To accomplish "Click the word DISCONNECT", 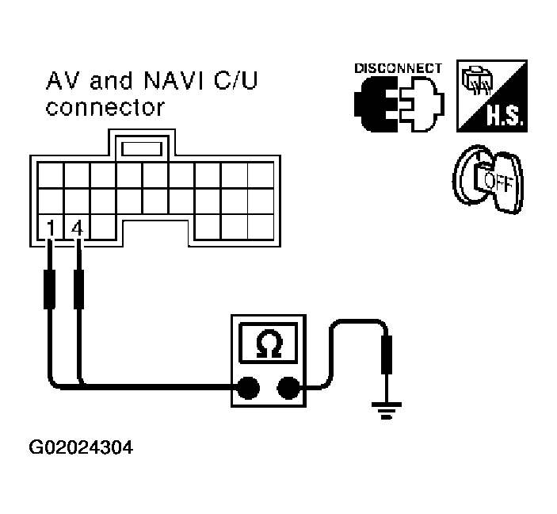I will (398, 68).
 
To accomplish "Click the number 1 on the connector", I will (51, 228).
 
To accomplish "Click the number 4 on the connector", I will (77, 228).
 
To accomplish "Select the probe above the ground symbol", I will (387, 355).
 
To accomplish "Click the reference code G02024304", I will (81, 447).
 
